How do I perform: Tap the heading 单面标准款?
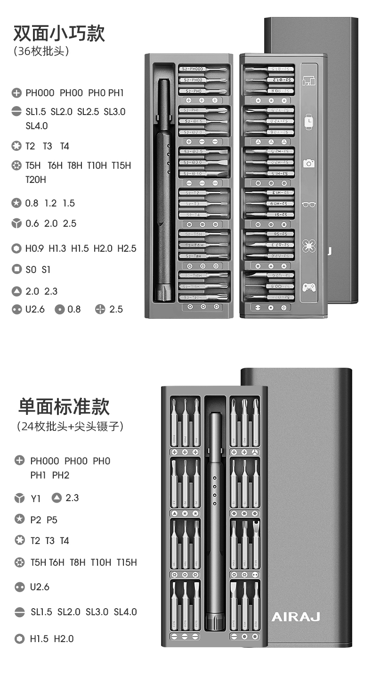(x=64, y=406)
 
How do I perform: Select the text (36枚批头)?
(x=42, y=51)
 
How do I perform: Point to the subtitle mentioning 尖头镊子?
(x=70, y=427)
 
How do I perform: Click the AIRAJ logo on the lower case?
(x=296, y=617)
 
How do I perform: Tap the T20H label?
(x=36, y=180)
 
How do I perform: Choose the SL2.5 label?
(x=88, y=112)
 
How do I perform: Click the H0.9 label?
(x=34, y=248)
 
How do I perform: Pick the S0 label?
(x=31, y=270)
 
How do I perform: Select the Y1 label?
(x=36, y=498)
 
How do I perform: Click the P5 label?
(x=52, y=520)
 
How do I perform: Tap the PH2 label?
(x=61, y=475)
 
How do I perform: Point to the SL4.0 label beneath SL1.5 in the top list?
(x=36, y=126)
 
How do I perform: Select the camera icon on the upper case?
(x=308, y=163)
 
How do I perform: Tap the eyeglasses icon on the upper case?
(x=308, y=205)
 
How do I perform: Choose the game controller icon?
(x=308, y=287)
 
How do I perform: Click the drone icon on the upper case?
(x=308, y=246)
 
